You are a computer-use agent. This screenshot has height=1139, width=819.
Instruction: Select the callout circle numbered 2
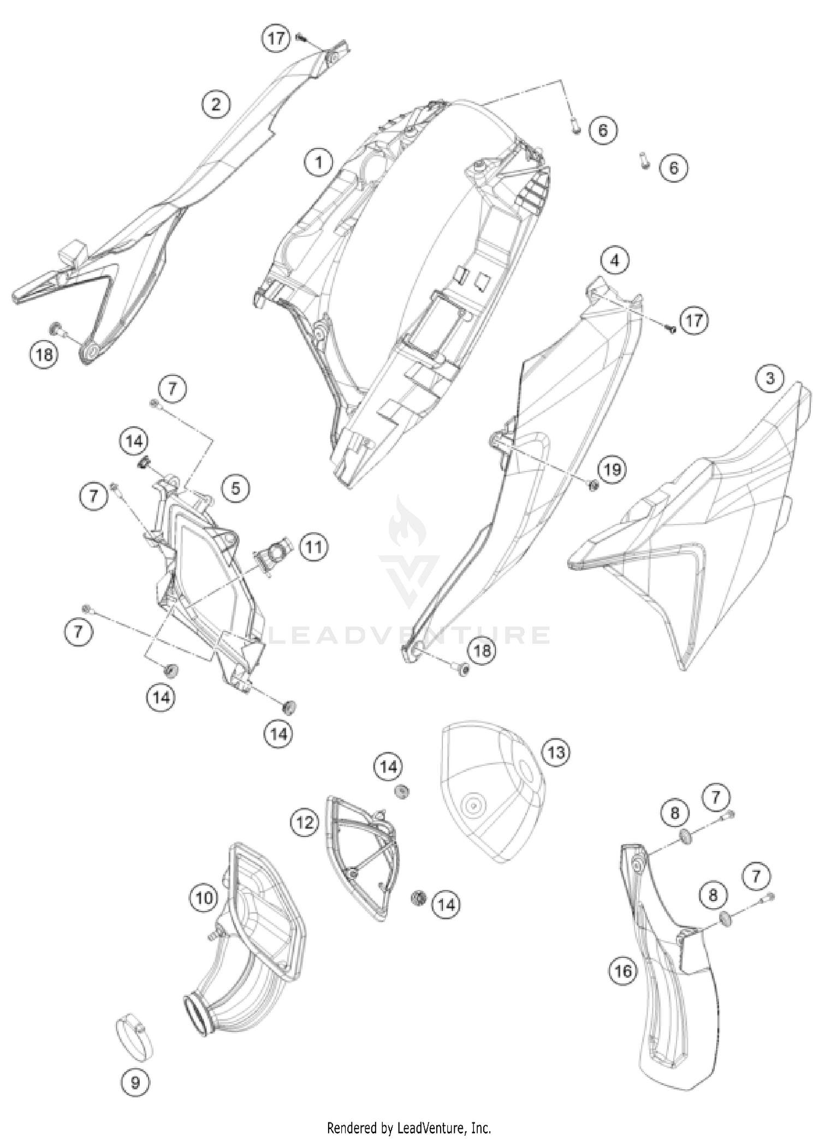pyautogui.click(x=216, y=103)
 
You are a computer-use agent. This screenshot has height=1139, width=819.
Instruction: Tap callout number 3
pyautogui.click(x=770, y=378)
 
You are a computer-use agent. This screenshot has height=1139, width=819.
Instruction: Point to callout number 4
pyautogui.click(x=615, y=260)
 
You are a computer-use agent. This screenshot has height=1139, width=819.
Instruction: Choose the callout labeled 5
pyautogui.click(x=235, y=487)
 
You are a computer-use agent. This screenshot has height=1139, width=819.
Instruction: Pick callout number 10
pyautogui.click(x=204, y=898)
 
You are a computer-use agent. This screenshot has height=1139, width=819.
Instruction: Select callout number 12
pyautogui.click(x=305, y=822)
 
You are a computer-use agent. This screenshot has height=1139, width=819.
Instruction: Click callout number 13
pyautogui.click(x=556, y=752)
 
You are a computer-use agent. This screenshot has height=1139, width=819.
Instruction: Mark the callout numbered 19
pyautogui.click(x=612, y=469)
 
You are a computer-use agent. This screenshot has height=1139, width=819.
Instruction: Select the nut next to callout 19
pyautogui.click(x=594, y=485)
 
